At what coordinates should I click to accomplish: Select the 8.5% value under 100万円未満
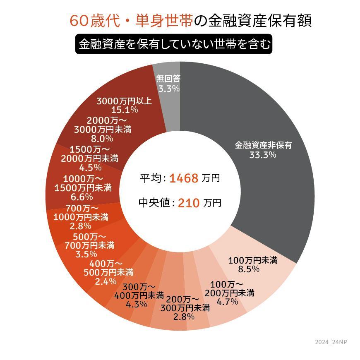point(249,269)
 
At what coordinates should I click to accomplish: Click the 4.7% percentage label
point(227,302)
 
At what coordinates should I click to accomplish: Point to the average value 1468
point(184,178)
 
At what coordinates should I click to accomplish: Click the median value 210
point(189,203)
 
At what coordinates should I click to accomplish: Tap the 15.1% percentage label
point(125,110)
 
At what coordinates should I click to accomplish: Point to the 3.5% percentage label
point(86,254)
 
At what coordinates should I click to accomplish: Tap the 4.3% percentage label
point(136,304)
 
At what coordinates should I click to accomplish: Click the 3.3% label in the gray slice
point(168,88)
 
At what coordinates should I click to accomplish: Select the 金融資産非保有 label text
point(263,145)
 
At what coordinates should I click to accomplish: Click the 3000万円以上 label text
point(124,101)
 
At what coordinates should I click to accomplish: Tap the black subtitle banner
point(174,44)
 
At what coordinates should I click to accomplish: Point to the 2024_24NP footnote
point(331,342)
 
